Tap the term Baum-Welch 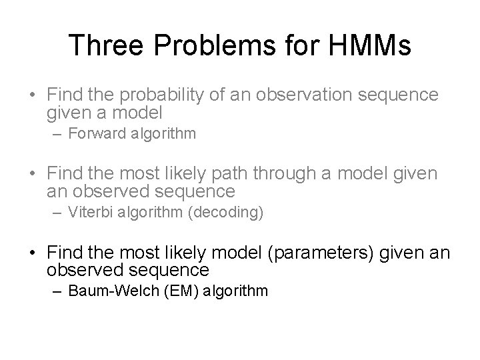tap(107, 291)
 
